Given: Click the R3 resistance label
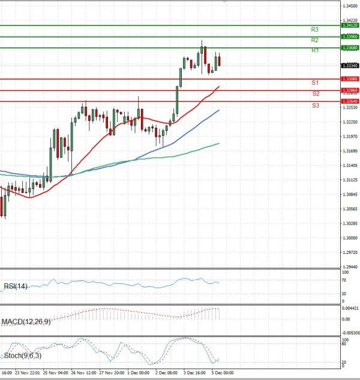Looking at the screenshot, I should (314, 29).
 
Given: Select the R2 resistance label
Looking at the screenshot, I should (314, 40).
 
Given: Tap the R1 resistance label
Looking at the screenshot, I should (314, 50).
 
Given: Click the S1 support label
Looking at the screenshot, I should (314, 82).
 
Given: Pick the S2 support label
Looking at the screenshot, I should (315, 94).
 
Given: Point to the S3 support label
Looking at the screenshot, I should (315, 105).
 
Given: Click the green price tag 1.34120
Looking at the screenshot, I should (349, 25).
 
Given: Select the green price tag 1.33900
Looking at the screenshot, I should (349, 37).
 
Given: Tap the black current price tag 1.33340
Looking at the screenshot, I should (349, 65).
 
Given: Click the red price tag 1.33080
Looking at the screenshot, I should (349, 79).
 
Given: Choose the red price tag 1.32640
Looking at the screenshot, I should (349, 101).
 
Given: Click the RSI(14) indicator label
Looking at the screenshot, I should (14, 286).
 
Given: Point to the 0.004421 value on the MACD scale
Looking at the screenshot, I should (349, 308).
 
